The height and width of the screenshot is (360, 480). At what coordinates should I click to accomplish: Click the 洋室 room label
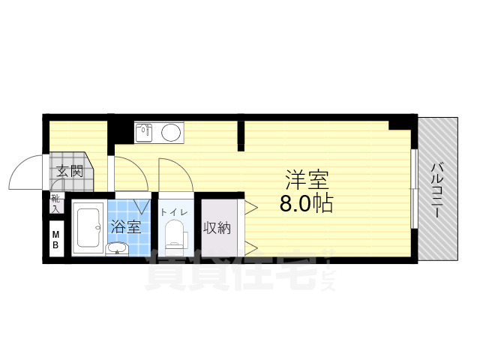pyautogui.click(x=307, y=180)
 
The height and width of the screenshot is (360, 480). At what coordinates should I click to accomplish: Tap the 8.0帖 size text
pyautogui.click(x=307, y=203)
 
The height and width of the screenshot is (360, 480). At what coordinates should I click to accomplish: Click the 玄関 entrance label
pyautogui.click(x=70, y=172)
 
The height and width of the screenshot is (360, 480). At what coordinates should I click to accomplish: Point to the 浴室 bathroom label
pyautogui.click(x=126, y=226)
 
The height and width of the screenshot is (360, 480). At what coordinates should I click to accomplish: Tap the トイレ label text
pyautogui.click(x=174, y=212)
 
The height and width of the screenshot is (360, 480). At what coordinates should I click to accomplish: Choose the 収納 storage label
pyautogui.click(x=217, y=228)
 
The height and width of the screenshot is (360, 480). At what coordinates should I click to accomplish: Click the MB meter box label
pyautogui.click(x=55, y=240)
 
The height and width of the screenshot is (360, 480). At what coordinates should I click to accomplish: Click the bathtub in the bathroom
pyautogui.click(x=88, y=227)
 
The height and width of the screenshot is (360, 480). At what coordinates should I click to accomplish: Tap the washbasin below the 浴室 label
pyautogui.click(x=117, y=248)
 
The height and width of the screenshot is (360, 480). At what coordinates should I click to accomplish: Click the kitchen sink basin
pyautogui.click(x=144, y=133)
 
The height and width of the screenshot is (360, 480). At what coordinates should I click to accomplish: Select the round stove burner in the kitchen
pyautogui.click(x=171, y=132)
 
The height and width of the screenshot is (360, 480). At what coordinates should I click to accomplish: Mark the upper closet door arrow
pyautogui.click(x=251, y=208)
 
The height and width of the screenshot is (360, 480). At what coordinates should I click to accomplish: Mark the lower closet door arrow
pyautogui.click(x=251, y=247)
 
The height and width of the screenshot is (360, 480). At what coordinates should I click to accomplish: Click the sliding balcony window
pyautogui.click(x=414, y=188)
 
